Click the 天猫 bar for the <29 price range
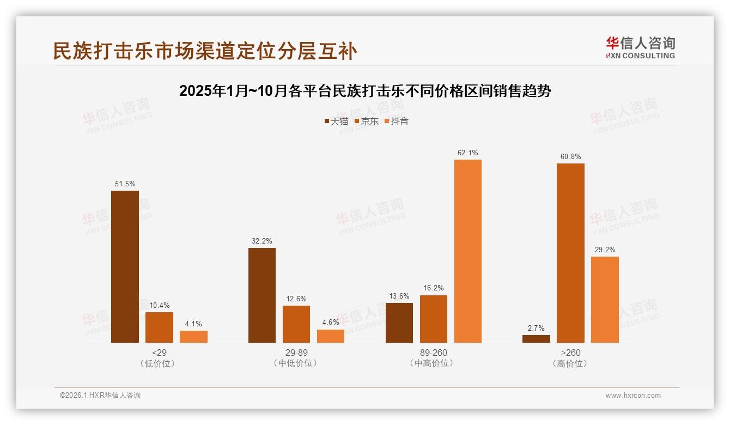125,266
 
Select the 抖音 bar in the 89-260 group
468,251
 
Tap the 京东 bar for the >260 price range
570,253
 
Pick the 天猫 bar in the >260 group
536,339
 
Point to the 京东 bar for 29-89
296,324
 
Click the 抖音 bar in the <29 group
193,337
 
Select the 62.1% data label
468,153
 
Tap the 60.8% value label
570,157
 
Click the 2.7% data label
536,328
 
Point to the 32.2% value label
262,241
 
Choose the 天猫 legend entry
336,121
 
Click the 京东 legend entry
366,121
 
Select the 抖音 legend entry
397,121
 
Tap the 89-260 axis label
434,353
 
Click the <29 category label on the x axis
159,353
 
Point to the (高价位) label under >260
570,363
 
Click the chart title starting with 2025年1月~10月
365,91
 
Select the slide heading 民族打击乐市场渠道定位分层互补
205,51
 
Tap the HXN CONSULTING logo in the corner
640,48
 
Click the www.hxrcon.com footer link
633,396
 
